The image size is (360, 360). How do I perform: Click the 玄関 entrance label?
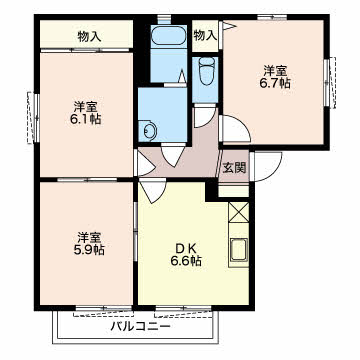(x=234, y=168)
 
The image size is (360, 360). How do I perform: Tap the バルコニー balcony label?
(x=141, y=326)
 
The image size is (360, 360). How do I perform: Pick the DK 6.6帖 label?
(x=186, y=255)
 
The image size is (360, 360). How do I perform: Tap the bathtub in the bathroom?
(x=168, y=35)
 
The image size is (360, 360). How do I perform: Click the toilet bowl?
(x=207, y=71)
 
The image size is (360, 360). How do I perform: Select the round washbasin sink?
(x=148, y=130)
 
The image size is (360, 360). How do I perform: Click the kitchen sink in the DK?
(x=239, y=251)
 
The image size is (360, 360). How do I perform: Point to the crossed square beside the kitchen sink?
(x=239, y=212)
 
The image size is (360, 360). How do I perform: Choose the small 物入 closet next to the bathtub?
(x=205, y=35)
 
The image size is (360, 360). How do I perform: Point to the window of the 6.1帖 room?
(x=33, y=118)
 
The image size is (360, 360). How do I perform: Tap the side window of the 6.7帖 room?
(x=330, y=83)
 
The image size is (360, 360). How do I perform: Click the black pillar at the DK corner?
(x=212, y=190)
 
